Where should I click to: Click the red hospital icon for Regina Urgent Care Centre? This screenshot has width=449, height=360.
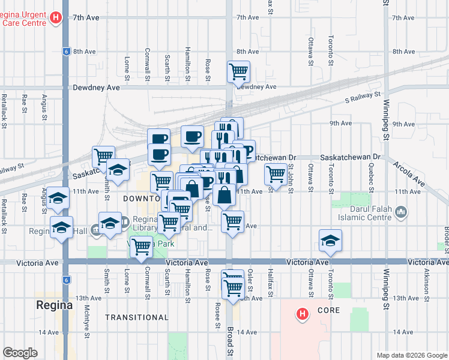coord(56,18)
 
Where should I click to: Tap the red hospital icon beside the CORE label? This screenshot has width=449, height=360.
coord(303,313)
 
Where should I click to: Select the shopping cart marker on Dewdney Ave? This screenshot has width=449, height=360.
coord(238,71)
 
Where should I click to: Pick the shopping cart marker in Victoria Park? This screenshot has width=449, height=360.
coord(141,245)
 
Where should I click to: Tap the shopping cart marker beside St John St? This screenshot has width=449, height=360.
coord(276,174)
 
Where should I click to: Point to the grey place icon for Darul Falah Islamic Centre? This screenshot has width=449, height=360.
coord(402,212)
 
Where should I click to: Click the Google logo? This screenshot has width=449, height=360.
coord(20,353)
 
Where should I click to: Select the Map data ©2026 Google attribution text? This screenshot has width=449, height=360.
coord(411,355)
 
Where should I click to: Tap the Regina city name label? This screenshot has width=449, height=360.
coord(54,304)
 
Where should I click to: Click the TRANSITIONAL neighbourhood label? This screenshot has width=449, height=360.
coord(137,317)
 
